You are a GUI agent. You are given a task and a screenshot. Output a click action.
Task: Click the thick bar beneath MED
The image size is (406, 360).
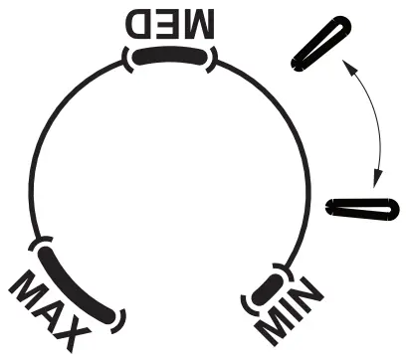click(171, 58)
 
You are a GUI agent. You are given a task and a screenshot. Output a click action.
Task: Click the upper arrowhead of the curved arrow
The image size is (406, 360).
click(344, 63)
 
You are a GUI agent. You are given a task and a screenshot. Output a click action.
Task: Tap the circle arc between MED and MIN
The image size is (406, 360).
click(289, 139)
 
